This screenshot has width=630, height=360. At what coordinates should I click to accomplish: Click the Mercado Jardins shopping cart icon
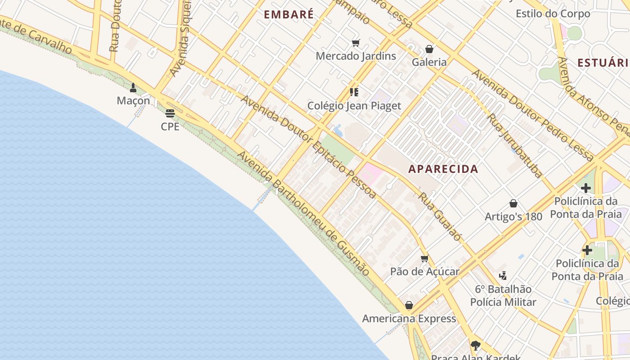tap(355, 43)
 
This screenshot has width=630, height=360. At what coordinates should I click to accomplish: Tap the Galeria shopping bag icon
tap(429, 49)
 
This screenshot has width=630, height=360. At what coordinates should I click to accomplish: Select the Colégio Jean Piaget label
tap(354, 106)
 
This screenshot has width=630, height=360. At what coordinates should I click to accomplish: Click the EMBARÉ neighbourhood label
tap(288, 14)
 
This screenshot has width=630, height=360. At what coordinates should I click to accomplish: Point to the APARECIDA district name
tap(443, 169)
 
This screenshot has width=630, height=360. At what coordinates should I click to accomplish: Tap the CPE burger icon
tap(170, 113)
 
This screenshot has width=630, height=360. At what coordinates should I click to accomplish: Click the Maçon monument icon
tap(133, 87)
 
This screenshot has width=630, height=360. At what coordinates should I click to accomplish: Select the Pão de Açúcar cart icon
tap(424, 258)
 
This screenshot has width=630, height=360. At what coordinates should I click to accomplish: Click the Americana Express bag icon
tap(409, 306)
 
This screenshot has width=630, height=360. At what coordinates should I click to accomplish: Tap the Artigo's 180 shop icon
tap(513, 203)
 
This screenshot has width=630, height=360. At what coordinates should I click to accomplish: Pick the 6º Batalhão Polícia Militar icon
tap(503, 275)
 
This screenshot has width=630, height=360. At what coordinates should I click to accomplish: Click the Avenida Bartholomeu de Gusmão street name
tap(304, 214)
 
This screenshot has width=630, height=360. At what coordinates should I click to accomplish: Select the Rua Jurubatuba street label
tap(515, 145)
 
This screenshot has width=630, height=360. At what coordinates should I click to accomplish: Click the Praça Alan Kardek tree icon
tap(475, 346)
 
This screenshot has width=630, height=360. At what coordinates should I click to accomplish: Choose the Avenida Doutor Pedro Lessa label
tap(533, 115)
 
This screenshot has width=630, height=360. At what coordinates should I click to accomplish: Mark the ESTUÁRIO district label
tap(603, 63)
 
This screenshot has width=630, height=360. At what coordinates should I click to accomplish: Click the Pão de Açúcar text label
tap(424, 271)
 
